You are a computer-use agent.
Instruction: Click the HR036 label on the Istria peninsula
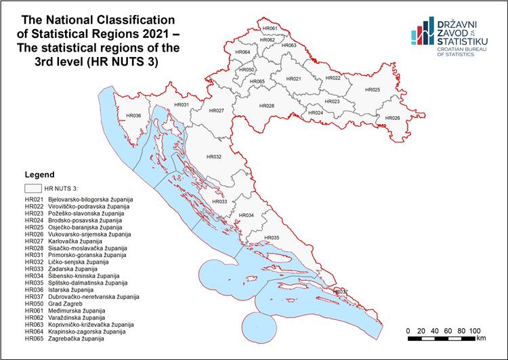[133, 116]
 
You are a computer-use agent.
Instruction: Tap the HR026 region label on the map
[392, 119]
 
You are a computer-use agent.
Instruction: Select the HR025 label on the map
[373, 90]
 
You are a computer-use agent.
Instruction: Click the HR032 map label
[213, 157]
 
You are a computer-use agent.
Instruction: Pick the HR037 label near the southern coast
[339, 292]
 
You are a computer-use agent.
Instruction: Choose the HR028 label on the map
[267, 106]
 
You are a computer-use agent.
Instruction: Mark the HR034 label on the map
[247, 216]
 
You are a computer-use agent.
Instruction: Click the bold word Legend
[39, 174]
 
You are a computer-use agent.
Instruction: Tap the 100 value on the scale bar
[475, 330]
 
